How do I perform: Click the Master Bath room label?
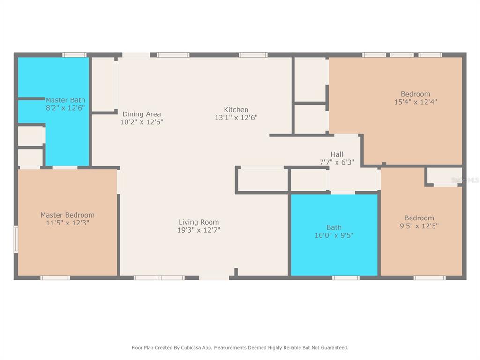tap(65, 100)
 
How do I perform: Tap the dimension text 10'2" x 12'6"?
tap(142, 122)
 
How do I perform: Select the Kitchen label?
tap(236, 110)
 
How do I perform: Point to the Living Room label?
tap(199, 222)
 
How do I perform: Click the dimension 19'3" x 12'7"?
tap(199, 230)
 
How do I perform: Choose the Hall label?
tap(337, 154)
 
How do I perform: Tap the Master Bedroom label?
tap(67, 215)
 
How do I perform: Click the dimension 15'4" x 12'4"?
tap(416, 102)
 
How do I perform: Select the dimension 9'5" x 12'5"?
tap(420, 226)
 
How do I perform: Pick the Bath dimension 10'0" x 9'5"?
tap(334, 235)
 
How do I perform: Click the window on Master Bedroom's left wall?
tap(16, 240)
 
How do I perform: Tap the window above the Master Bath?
tap(75, 55)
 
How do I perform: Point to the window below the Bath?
tap(346, 278)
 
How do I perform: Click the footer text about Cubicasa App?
tap(240, 348)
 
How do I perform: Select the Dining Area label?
tap(142, 114)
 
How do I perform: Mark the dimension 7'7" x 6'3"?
tap(337, 162)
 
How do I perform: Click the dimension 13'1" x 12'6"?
tap(236, 118)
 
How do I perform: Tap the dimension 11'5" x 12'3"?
tap(67, 223)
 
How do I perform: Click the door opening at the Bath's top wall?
tap(343, 193)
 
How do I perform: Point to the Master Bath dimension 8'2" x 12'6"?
tap(65, 108)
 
